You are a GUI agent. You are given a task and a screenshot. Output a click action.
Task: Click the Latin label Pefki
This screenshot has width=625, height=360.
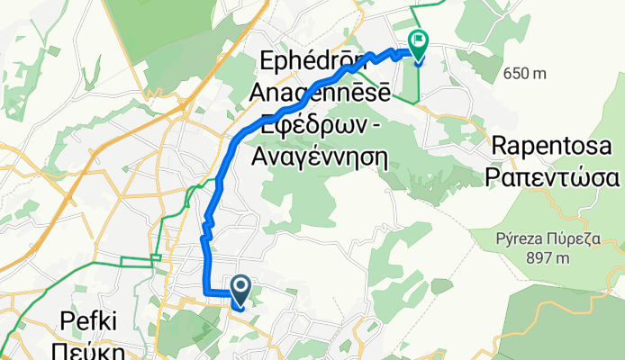[x=89, y=319]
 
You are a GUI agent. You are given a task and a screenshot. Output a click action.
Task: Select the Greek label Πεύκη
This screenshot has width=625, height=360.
[x=89, y=347]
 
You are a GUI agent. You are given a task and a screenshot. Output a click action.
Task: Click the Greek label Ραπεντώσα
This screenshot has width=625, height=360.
[x=552, y=175]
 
